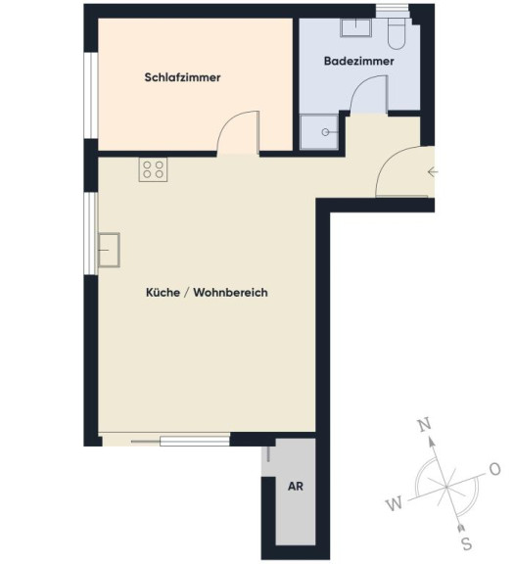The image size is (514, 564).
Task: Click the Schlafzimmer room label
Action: tap(182, 77)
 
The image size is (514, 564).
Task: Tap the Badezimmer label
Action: tap(359, 61)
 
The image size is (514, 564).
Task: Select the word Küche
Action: tap(163, 292)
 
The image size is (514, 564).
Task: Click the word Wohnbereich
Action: tap(230, 293)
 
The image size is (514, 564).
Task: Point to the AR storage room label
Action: tap(296, 487)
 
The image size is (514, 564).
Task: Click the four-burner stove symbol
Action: tap(154, 169)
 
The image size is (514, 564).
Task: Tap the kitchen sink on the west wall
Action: tap(109, 250)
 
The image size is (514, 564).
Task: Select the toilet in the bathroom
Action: tap(397, 34)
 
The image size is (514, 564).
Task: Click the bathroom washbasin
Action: tap(355, 27)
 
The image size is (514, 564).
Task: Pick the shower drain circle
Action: tap(325, 132)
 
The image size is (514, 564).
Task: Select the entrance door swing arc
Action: tap(392, 158)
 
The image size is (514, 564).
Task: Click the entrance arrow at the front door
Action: tap(433, 172)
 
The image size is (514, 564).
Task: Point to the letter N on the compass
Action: tap(425, 426)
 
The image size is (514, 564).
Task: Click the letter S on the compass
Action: tap(467, 543)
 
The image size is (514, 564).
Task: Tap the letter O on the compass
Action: tap(495, 469)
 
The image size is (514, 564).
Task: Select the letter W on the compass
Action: tap(395, 503)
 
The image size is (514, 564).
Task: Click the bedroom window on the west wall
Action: tap(91, 96)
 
